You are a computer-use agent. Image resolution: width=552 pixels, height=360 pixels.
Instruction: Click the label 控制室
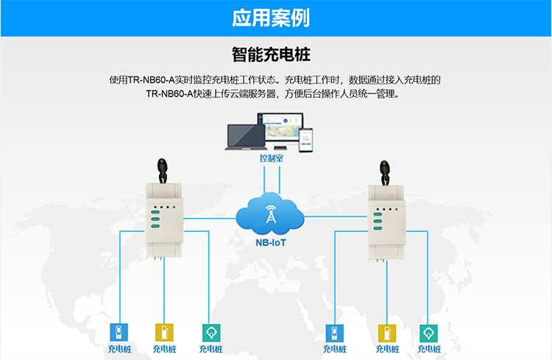click(272, 158)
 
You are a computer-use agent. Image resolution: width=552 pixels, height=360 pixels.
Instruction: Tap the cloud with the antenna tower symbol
click(271, 213)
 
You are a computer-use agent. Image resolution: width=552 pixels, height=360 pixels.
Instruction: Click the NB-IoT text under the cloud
click(271, 241)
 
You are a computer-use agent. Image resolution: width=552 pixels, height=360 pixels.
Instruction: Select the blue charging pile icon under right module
click(335, 333)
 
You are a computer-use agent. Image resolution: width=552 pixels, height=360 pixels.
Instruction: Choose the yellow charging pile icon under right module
click(384, 333)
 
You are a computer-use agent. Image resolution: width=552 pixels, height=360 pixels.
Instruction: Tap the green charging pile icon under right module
click(429, 333)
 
